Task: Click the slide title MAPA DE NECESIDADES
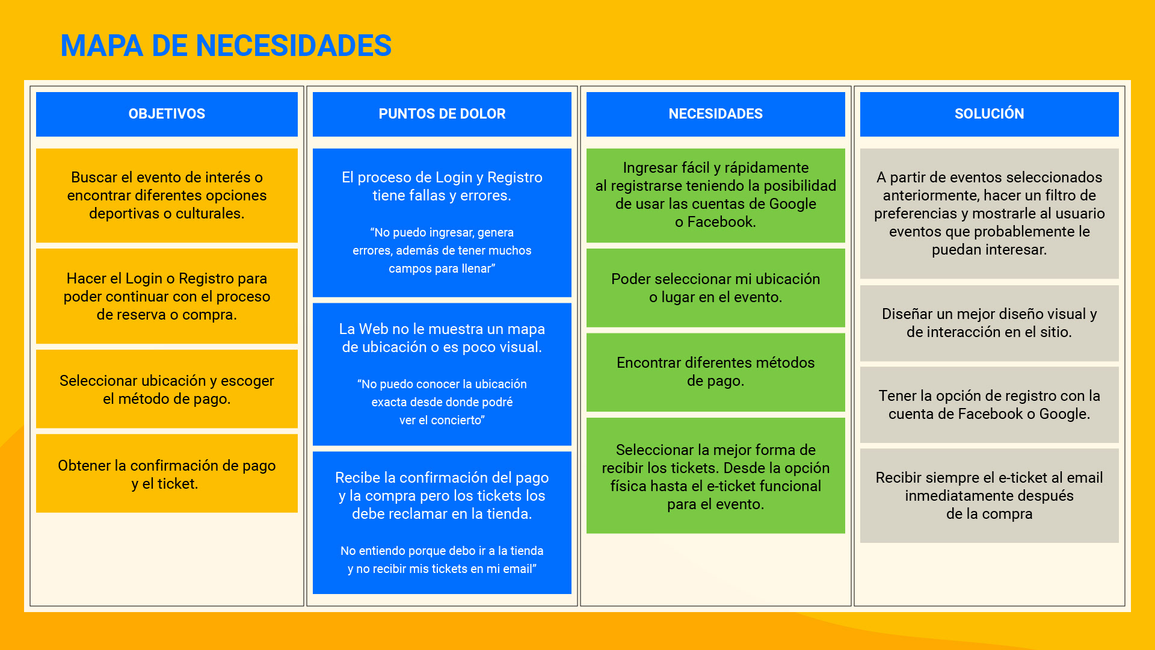pos(226,46)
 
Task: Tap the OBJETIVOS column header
pos(167,114)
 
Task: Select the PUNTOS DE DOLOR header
pos(442,114)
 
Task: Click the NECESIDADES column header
pos(715,114)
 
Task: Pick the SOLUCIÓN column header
pos(989,114)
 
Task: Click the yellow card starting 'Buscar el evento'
pos(167,196)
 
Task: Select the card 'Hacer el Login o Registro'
pos(167,296)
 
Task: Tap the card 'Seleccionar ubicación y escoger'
pos(167,389)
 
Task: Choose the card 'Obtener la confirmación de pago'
pos(167,474)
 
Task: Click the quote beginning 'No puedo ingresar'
pos(442,250)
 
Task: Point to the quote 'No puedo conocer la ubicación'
pos(442,402)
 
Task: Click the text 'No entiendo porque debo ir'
pos(442,560)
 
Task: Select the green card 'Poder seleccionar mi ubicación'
pos(715,288)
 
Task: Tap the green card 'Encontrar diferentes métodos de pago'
pos(715,372)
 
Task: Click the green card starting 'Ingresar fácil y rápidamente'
pos(715,195)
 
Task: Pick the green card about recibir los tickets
pos(715,476)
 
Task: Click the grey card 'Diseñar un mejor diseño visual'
pos(989,323)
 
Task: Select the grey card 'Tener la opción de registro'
pos(989,404)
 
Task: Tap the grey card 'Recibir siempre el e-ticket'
pos(989,495)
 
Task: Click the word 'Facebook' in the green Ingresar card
pos(721,222)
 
